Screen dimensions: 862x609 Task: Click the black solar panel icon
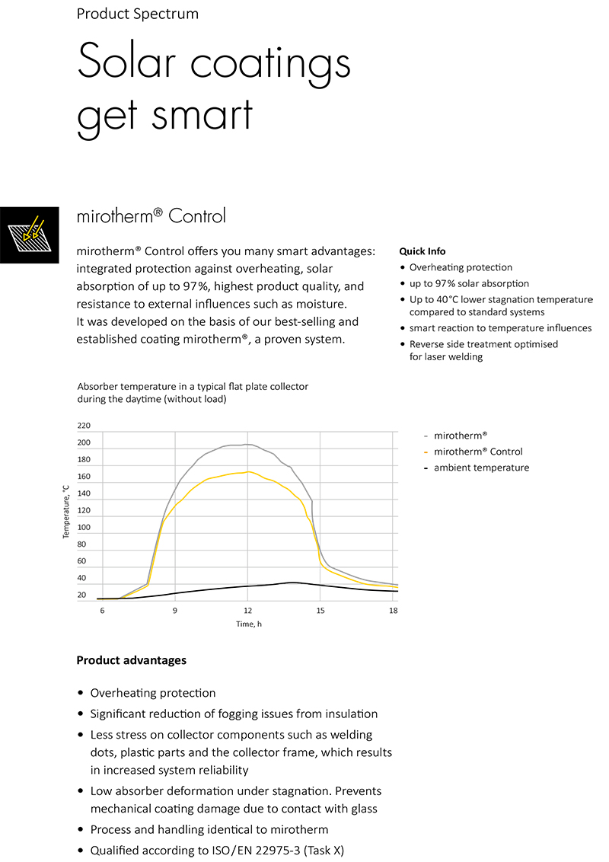pos(29,235)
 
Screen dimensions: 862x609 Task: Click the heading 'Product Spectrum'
pos(137,14)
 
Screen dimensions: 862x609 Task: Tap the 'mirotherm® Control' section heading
pos(151,216)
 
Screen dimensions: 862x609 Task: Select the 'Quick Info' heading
pos(422,251)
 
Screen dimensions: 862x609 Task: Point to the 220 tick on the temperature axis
pos(84,426)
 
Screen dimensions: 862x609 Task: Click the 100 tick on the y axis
pos(84,528)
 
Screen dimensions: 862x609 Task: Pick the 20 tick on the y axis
pos(82,595)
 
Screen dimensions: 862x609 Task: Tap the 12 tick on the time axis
pos(247,611)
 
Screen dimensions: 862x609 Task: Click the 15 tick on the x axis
pos(320,611)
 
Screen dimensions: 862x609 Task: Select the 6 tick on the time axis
pos(101,611)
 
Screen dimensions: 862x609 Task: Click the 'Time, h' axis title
pos(249,624)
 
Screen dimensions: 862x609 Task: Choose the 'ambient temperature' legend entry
pos(481,468)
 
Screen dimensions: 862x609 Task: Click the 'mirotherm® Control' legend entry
pos(478,452)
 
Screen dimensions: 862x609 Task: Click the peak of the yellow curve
pos(248,471)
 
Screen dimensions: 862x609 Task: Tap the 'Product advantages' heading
pos(131,660)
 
